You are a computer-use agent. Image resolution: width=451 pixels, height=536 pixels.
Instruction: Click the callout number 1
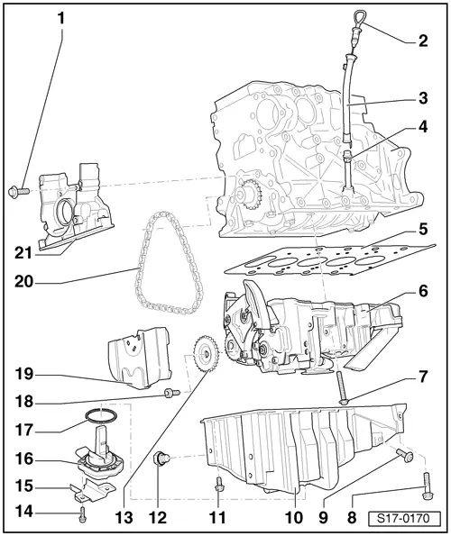point(61,19)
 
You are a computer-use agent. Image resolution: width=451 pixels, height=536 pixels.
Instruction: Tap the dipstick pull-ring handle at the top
point(358,18)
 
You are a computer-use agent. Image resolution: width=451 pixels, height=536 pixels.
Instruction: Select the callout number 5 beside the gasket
point(423,230)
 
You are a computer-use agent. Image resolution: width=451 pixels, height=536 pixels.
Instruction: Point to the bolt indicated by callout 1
point(18,191)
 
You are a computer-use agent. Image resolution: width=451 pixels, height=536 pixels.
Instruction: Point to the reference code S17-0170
point(404,519)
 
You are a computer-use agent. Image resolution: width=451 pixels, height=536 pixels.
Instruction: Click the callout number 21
point(23,253)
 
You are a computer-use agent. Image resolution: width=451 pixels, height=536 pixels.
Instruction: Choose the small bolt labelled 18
point(172,393)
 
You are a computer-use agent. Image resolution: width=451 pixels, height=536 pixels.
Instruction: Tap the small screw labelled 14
point(82,513)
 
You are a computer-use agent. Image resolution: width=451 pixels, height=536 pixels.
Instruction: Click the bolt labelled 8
point(426,486)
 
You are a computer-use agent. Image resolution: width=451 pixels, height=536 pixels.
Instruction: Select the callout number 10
point(294,518)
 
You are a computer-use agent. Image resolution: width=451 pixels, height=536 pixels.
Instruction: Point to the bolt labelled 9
point(405,455)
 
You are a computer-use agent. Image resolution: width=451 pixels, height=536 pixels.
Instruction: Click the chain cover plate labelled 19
point(140,358)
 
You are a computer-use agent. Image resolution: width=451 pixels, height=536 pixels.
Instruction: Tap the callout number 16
point(24,459)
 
